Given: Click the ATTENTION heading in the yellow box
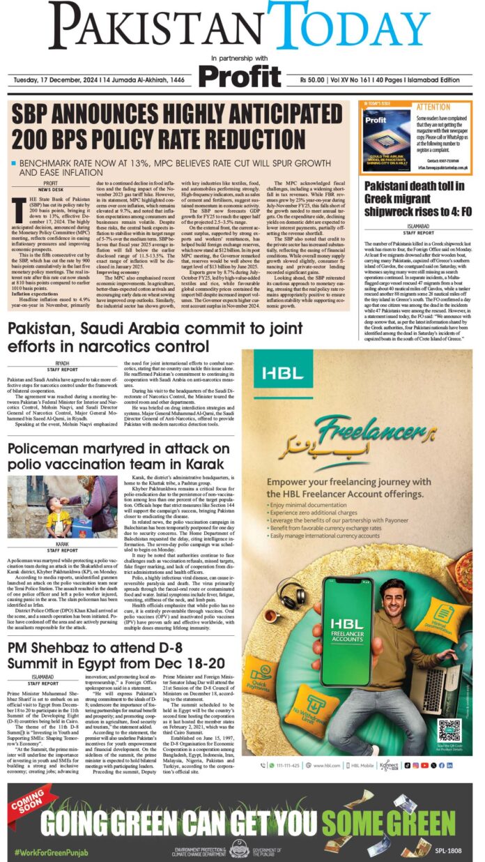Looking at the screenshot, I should (433, 107).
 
